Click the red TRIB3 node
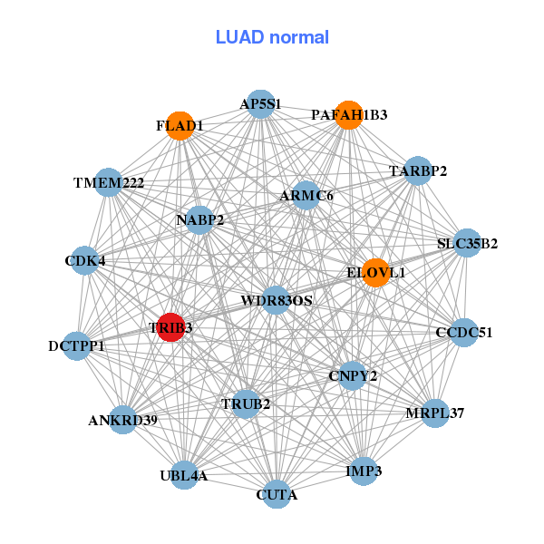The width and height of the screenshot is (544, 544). click(x=170, y=326)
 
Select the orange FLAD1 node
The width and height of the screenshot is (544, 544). click(x=180, y=126)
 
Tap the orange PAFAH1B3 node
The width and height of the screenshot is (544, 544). click(x=349, y=115)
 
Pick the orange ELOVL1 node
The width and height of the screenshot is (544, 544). click(x=376, y=272)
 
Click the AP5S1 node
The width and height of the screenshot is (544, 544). click(x=261, y=104)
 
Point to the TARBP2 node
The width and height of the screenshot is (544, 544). click(x=417, y=170)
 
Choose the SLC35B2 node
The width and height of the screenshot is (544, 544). click(x=466, y=243)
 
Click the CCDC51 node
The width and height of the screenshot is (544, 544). click(x=463, y=333)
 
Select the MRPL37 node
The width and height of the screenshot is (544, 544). click(x=435, y=413)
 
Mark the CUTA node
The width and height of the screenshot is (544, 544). click(x=277, y=495)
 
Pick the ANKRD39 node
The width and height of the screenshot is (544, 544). click(x=124, y=420)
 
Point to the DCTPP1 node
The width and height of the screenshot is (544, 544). click(x=77, y=345)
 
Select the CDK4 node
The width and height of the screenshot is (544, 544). click(x=84, y=261)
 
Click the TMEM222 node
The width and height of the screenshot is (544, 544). click(x=109, y=183)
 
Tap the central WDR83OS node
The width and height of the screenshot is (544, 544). click(x=277, y=300)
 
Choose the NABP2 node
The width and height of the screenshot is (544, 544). click(x=200, y=219)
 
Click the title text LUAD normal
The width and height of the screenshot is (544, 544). click(x=272, y=37)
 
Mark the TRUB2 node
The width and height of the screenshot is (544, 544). click(x=247, y=403)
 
